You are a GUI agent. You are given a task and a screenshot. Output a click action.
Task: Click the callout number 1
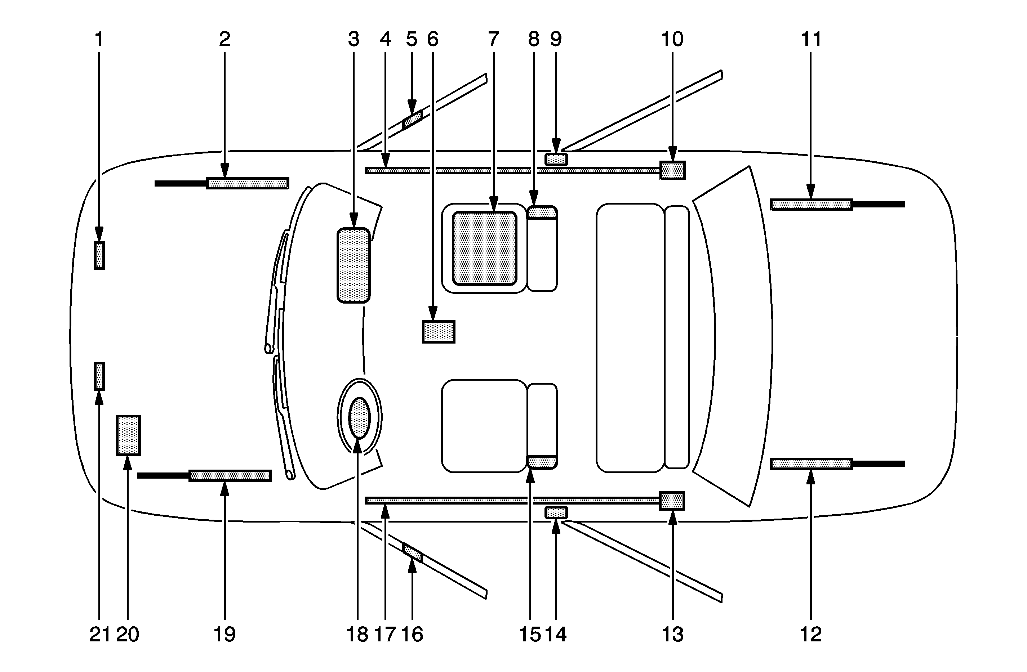(x=99, y=39)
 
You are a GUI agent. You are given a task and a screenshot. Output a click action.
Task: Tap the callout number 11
(x=811, y=39)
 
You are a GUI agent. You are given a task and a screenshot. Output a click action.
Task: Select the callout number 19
(x=224, y=635)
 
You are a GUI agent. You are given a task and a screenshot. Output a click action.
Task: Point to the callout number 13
(x=672, y=635)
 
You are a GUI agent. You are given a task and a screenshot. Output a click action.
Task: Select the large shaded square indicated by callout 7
(x=484, y=248)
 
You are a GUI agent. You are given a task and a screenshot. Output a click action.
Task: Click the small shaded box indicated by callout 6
(x=439, y=332)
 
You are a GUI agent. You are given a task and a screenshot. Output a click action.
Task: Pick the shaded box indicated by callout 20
(x=128, y=435)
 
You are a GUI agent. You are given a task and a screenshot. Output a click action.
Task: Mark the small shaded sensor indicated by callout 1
(x=99, y=256)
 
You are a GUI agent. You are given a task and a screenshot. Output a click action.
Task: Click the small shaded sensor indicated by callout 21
(x=99, y=376)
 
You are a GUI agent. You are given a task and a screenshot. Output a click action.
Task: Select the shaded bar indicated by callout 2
(x=247, y=183)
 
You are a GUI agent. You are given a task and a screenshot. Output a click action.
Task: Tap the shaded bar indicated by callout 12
(x=811, y=464)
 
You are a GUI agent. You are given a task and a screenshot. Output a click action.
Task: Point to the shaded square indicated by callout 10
(x=672, y=170)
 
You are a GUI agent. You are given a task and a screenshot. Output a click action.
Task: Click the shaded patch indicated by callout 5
(x=412, y=120)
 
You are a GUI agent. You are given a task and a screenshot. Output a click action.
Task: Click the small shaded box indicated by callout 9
(x=556, y=159)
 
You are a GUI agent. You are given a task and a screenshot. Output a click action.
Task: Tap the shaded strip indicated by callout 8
(x=542, y=212)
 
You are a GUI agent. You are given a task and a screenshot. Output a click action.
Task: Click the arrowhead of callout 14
(x=556, y=527)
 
